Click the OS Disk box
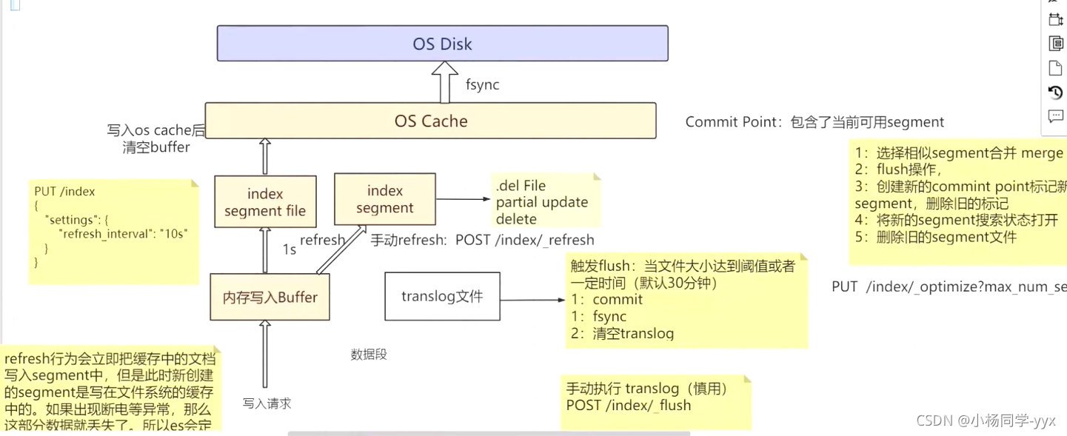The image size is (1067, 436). point(442,44)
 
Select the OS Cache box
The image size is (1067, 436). point(430,121)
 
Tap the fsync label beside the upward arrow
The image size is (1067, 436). point(482,85)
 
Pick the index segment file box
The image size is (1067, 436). point(264,202)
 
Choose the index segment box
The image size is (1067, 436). point(384,200)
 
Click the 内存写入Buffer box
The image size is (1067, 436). point(270,298)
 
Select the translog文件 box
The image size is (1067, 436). point(442,297)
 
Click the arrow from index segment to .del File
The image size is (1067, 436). point(463,199)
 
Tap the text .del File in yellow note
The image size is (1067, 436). point(521,186)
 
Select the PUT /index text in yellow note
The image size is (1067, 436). point(65,192)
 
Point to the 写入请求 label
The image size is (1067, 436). point(267,403)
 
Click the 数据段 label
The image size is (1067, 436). point(369,355)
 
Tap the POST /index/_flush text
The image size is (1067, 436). point(628,406)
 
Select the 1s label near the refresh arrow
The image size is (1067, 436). point(290,249)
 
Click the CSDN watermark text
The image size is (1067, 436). point(985,420)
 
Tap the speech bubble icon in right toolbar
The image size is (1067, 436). point(1056,116)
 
